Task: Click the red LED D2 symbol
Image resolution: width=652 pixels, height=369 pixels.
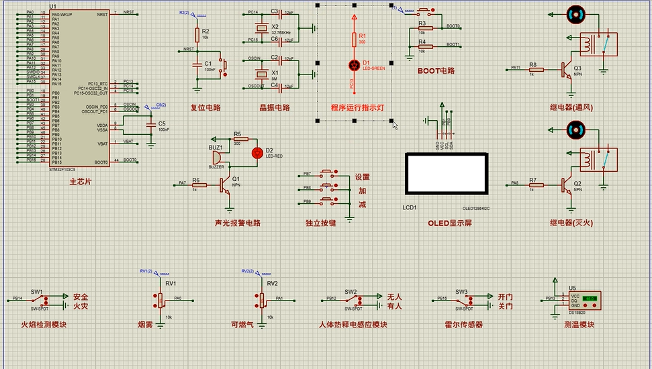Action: (256, 152)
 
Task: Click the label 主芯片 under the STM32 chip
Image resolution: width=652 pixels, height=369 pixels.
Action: (80, 182)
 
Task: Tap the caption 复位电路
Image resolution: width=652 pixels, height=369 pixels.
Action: (205, 107)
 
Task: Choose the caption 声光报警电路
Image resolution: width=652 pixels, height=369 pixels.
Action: (237, 223)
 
